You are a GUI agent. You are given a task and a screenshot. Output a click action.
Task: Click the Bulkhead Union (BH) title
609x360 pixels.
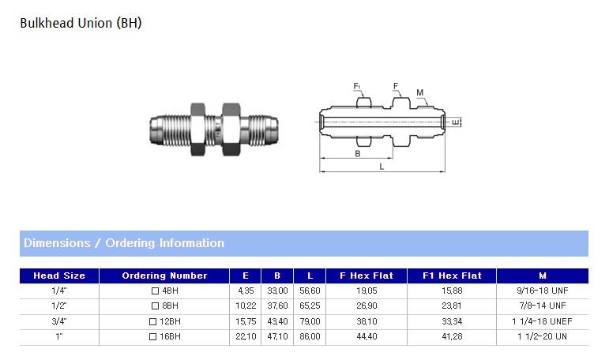point(81,24)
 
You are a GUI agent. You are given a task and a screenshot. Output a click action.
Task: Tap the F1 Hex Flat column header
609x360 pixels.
point(452,276)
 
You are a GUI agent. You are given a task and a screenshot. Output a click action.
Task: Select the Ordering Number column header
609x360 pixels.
point(164,276)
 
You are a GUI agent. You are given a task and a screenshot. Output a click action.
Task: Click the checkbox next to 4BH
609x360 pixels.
point(155,291)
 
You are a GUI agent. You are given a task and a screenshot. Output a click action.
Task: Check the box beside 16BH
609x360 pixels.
point(152,336)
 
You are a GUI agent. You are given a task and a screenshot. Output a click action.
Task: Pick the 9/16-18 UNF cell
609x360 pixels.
point(542,291)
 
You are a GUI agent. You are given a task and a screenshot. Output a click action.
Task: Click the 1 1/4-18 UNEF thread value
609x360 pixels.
point(542,321)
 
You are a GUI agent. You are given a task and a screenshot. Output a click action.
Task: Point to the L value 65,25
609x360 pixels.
point(310,306)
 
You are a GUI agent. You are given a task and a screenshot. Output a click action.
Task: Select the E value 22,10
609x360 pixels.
point(246,336)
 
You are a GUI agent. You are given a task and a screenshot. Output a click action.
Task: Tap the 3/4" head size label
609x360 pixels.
point(59,321)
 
